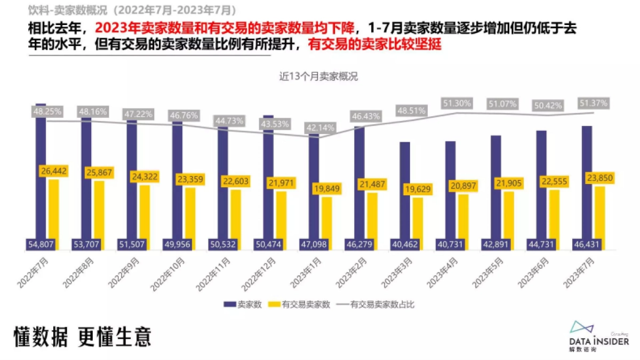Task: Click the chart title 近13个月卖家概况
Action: coord(318,76)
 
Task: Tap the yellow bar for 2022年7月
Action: coord(53,213)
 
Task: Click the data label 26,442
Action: coord(53,171)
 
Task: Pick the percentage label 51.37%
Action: coord(593,103)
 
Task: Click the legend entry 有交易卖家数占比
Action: coord(376,305)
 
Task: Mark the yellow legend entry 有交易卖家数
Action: coord(299,305)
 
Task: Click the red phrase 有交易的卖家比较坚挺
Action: coord(375,45)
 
